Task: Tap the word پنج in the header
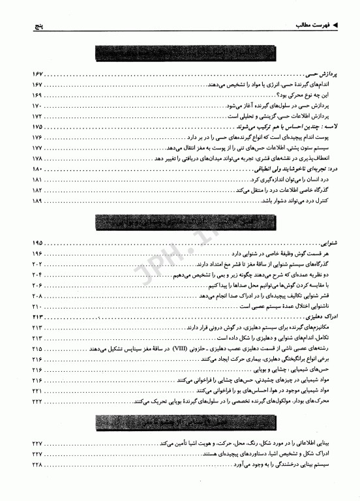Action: [25, 26]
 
